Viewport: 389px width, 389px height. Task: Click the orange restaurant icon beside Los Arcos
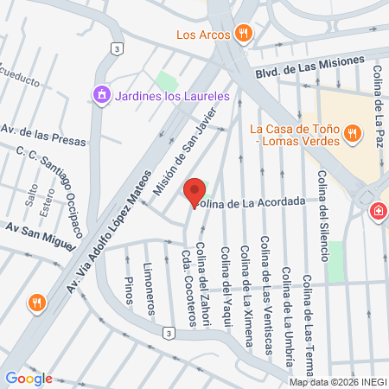[245, 35]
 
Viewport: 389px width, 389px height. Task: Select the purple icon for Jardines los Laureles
[102, 94]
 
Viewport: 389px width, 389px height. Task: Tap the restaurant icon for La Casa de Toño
[351, 133]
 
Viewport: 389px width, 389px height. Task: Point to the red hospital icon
[379, 211]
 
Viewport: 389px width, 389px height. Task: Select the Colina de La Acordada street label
[251, 201]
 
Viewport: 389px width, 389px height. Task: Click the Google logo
[29, 379]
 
